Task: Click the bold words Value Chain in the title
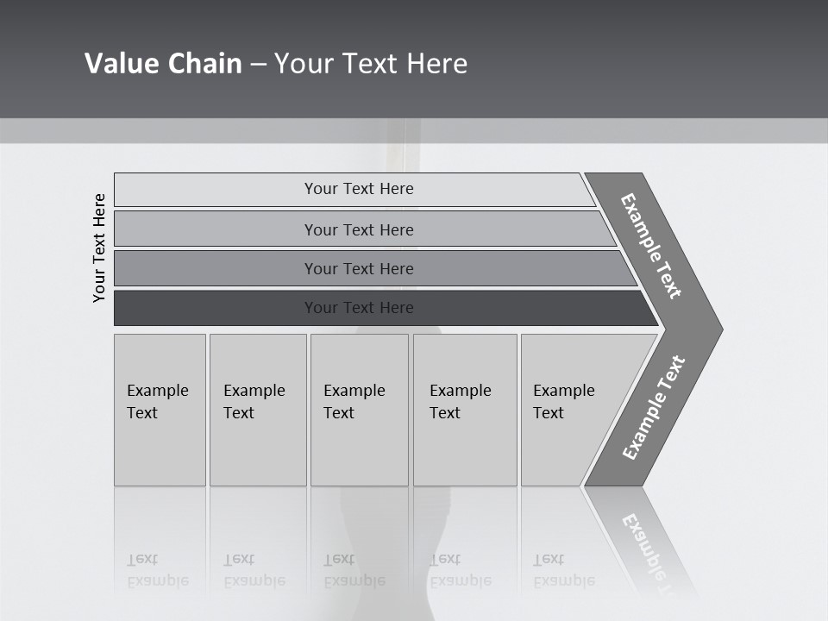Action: pos(163,64)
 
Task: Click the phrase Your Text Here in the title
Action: pos(371,64)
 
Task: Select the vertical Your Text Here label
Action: pos(99,248)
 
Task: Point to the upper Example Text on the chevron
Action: pos(651,246)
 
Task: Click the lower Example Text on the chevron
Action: pos(653,408)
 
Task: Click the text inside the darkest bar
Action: pos(359,308)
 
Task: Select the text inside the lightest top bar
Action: pos(359,189)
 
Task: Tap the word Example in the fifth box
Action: pos(564,391)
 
